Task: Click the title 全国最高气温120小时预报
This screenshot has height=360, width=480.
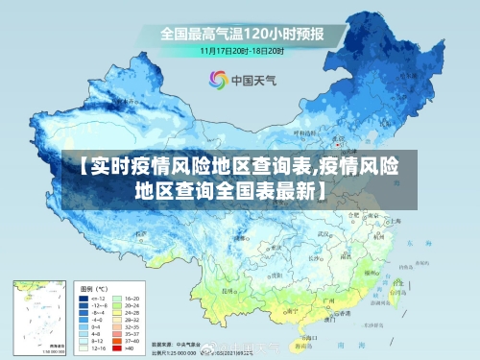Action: click(241, 34)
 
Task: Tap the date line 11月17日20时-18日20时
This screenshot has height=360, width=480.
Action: click(241, 49)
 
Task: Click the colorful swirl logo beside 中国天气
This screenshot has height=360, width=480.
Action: click(218, 81)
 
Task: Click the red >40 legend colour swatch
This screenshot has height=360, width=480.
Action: click(118, 350)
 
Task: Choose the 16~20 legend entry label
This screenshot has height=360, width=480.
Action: click(134, 299)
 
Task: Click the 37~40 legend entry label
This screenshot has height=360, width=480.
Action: click(134, 342)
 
